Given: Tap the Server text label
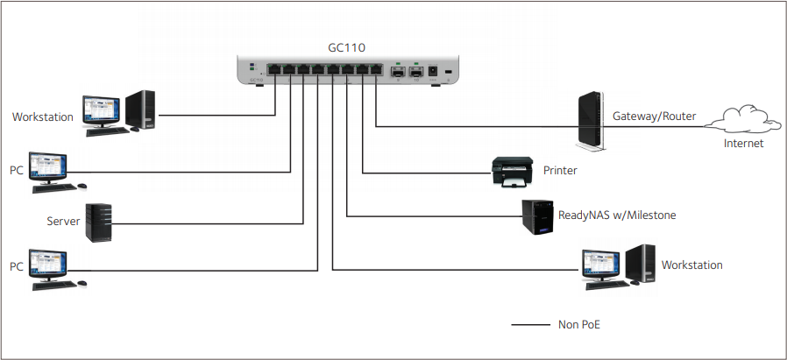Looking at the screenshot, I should pyautogui.click(x=63, y=222).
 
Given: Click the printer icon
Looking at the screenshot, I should pyautogui.click(x=512, y=172).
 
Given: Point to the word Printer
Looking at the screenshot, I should pyautogui.click(x=560, y=171).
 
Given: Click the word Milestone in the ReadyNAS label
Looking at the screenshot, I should pyautogui.click(x=648, y=215).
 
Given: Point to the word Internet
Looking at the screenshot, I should pyautogui.click(x=743, y=144).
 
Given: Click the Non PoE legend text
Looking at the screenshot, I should pyautogui.click(x=578, y=325).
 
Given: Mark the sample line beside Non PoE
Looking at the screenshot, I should pyautogui.click(x=529, y=325).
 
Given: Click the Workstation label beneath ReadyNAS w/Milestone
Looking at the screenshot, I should pyautogui.click(x=691, y=265).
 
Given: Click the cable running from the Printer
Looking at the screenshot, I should pyautogui.click(x=421, y=173).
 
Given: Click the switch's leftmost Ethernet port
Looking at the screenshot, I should pyautogui.click(x=275, y=68).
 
